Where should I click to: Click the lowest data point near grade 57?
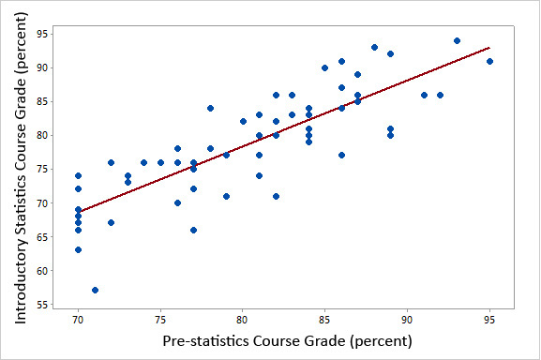click(x=95, y=290)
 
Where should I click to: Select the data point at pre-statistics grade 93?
click(x=457, y=40)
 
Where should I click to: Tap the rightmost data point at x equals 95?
click(x=489, y=61)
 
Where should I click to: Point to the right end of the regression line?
click(x=489, y=48)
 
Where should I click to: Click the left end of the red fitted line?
click(x=79, y=212)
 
